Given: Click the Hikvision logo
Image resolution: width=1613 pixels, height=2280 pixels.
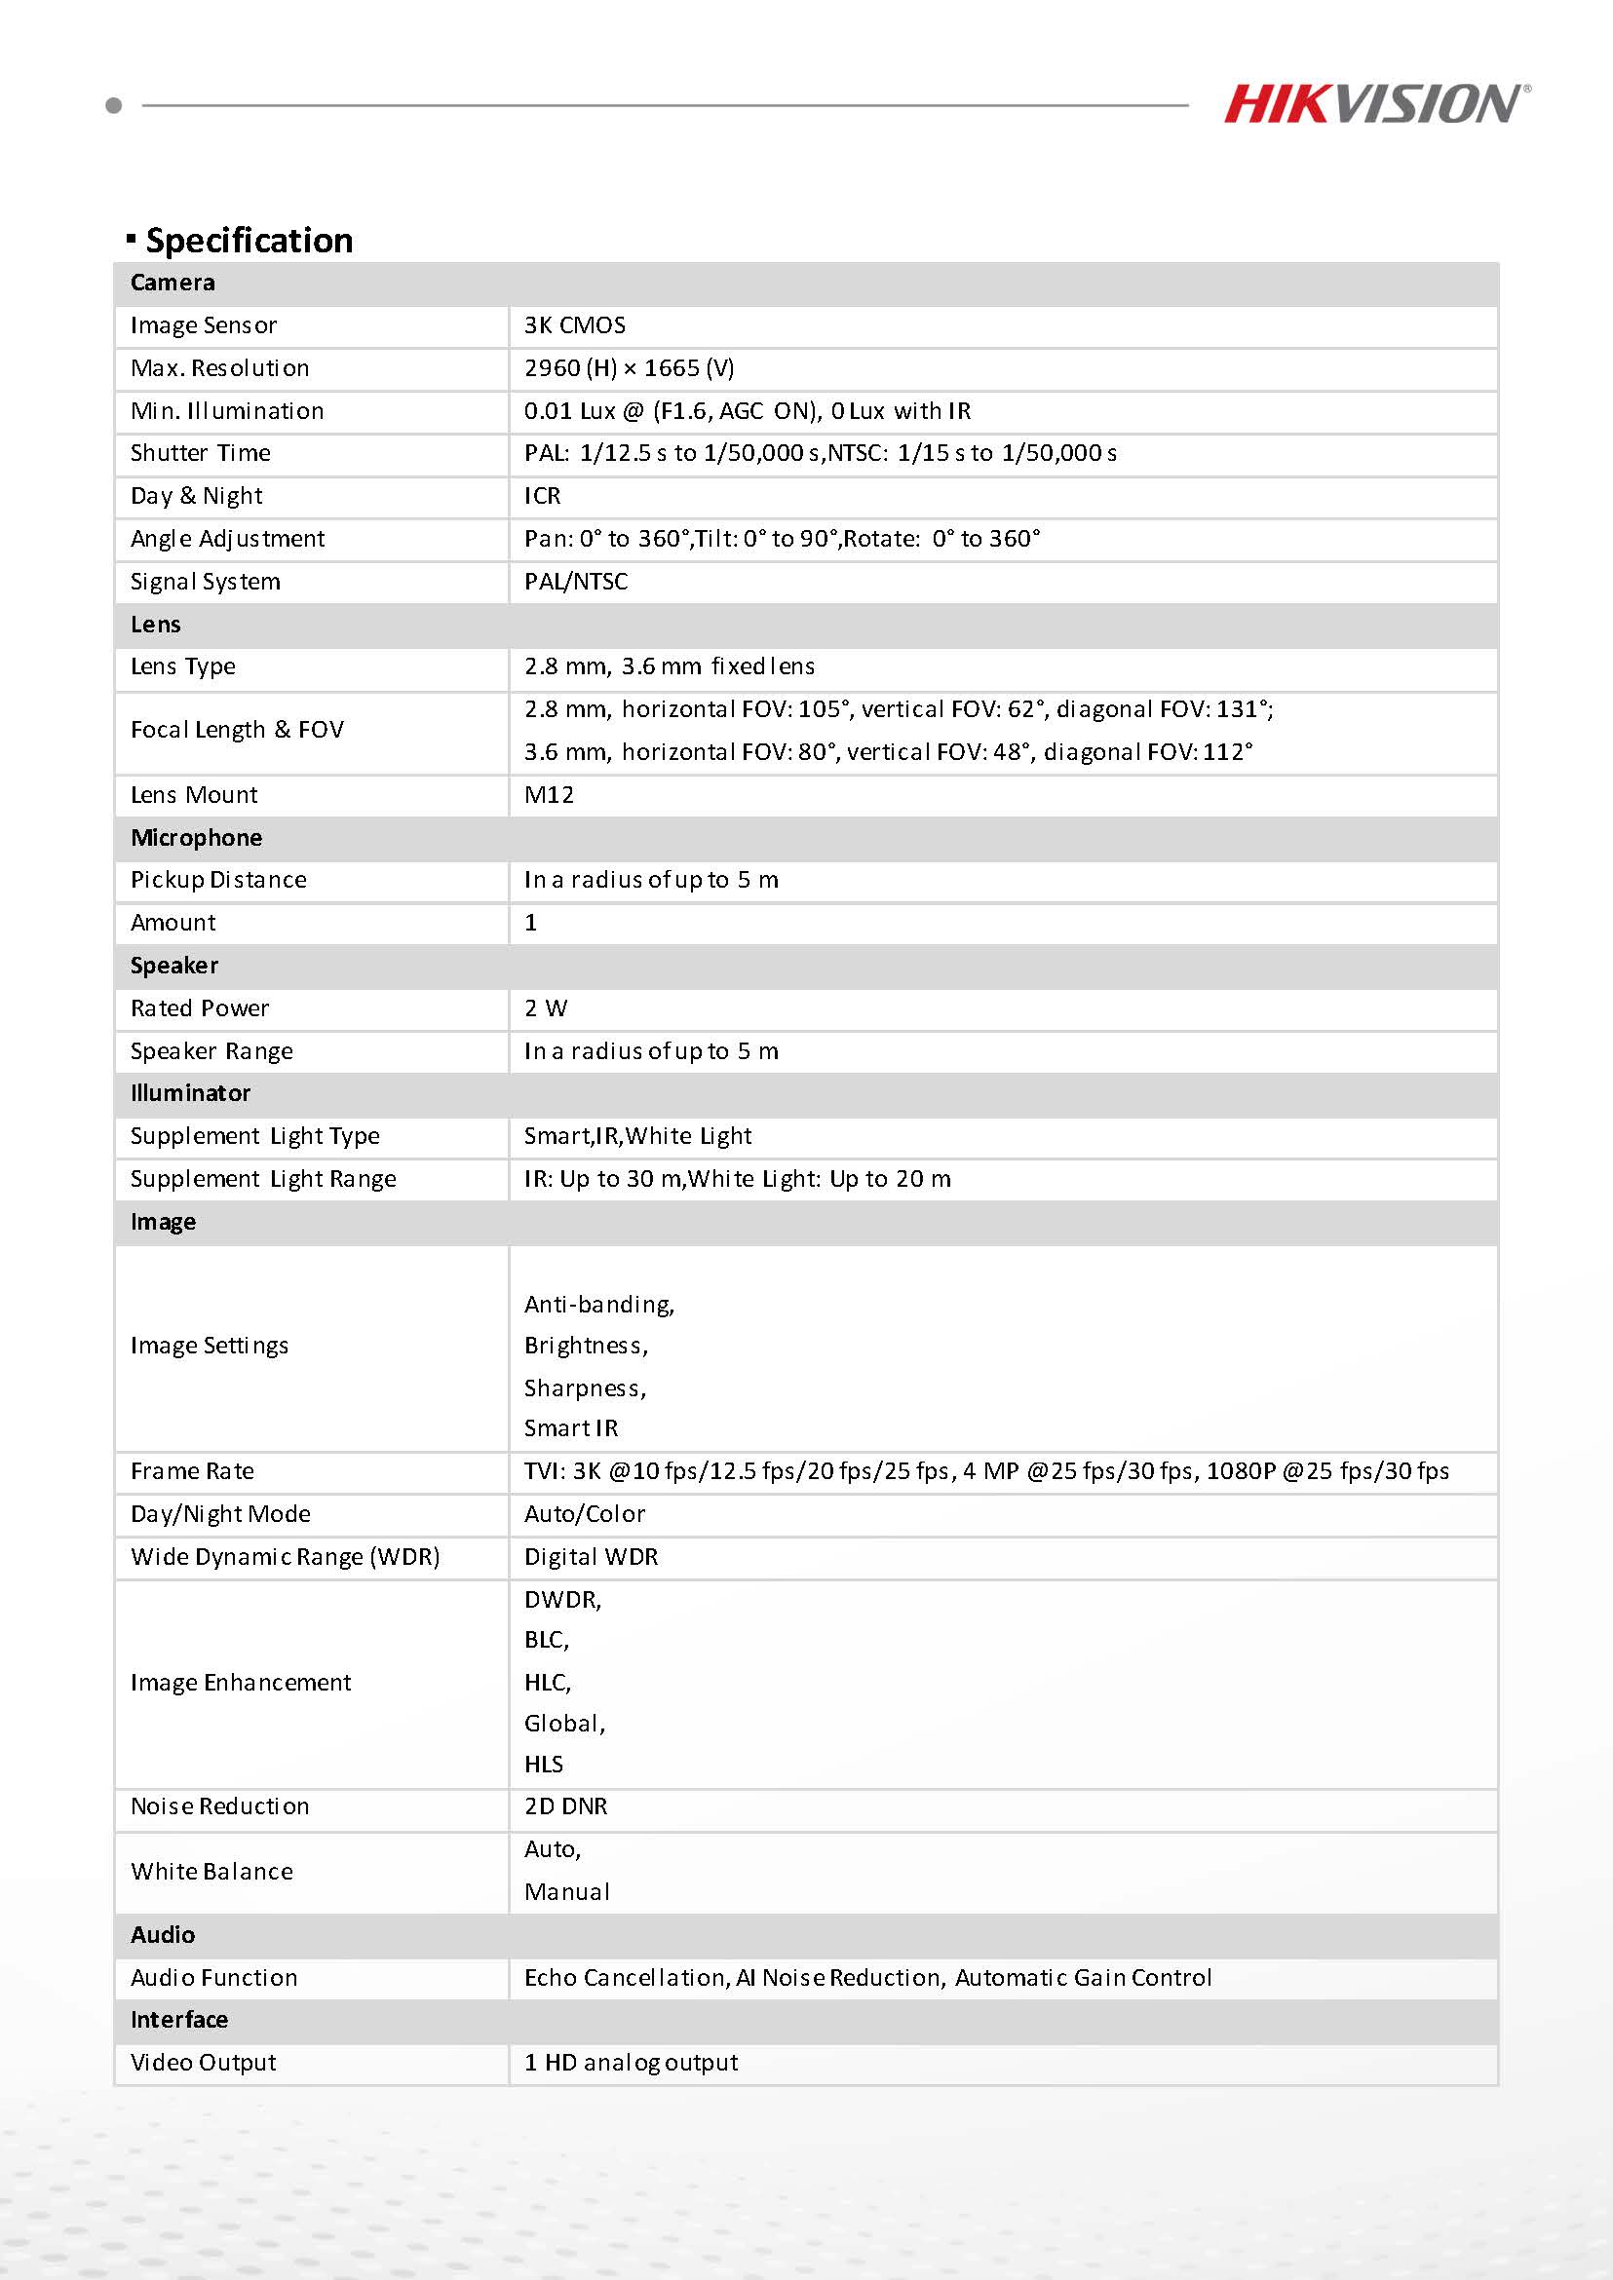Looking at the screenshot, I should click(1376, 104).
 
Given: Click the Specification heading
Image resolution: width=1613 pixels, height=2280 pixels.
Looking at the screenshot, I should click(249, 241).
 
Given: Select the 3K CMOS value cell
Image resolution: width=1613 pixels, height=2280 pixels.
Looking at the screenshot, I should click(575, 325).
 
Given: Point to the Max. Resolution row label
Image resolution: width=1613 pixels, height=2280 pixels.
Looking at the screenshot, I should click(219, 368).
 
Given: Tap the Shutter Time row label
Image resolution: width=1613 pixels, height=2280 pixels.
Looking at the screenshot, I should click(201, 453).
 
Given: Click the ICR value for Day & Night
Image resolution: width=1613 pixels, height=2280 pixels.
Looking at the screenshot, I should click(542, 496).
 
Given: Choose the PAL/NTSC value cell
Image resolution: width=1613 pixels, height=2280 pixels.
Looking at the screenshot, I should click(576, 581).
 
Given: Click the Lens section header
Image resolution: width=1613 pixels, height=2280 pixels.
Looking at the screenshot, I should click(156, 625).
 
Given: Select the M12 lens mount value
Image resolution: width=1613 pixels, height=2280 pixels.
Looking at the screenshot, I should click(550, 794).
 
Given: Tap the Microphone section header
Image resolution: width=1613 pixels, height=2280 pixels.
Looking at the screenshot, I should click(197, 837).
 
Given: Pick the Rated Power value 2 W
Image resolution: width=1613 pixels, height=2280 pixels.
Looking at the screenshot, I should click(545, 1007).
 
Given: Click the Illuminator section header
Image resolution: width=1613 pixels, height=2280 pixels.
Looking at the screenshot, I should click(191, 1092).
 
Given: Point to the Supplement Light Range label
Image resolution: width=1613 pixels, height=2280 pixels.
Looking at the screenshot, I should click(263, 1179).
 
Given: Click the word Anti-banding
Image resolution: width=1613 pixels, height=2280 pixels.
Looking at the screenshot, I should click(599, 1304).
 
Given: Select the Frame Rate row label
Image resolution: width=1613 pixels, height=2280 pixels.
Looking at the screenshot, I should click(193, 1470).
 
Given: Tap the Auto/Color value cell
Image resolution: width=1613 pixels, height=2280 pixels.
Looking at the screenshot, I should click(585, 1513).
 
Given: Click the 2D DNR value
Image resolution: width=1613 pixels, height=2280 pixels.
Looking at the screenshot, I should click(566, 1805).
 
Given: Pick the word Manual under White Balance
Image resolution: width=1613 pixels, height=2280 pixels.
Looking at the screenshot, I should click(567, 1892).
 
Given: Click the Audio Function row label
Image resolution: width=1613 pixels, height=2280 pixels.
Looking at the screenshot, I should click(214, 1977).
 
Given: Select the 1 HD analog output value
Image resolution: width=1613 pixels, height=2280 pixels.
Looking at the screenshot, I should click(632, 2063).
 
